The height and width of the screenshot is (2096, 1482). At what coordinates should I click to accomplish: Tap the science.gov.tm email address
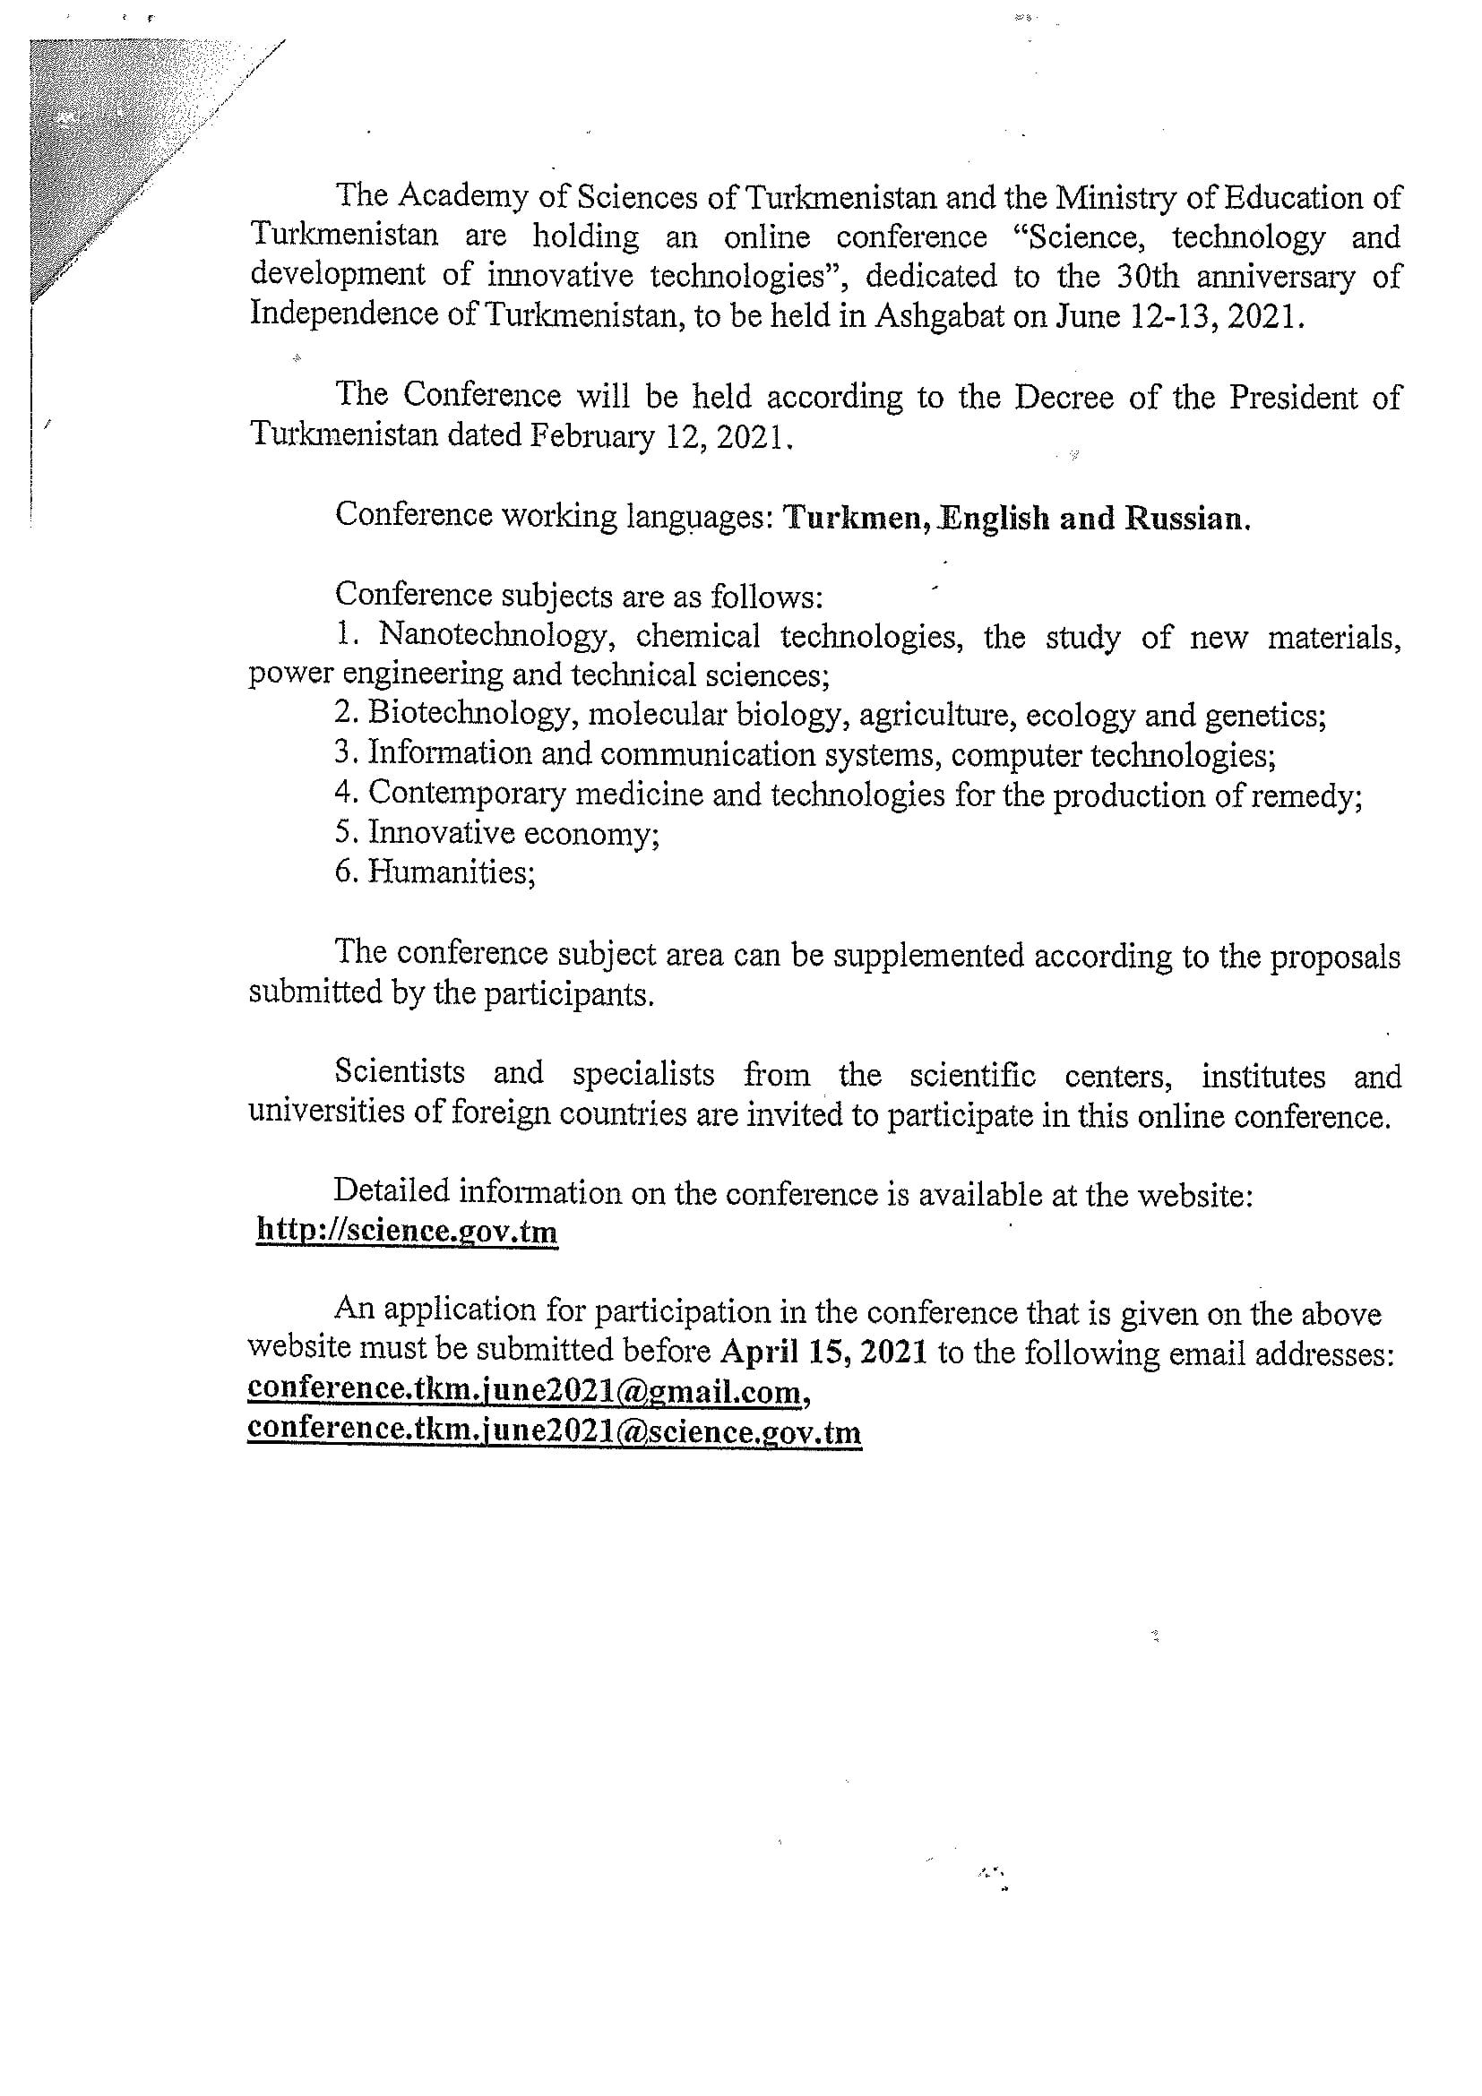click(x=554, y=1430)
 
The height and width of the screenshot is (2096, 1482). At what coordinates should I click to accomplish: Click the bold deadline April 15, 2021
click(x=824, y=1352)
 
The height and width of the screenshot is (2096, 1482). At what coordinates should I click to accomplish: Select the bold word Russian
click(x=1185, y=519)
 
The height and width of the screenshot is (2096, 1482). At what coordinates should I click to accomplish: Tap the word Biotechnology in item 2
click(x=469, y=714)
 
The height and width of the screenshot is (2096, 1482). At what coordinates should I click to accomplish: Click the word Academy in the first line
click(x=444, y=195)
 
